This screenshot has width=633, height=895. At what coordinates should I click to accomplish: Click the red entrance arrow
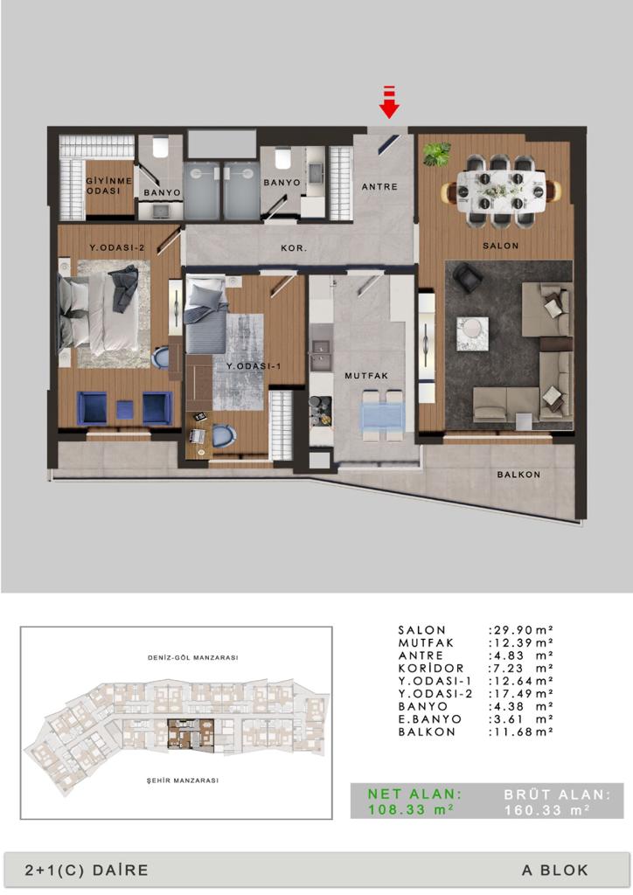pos(389,102)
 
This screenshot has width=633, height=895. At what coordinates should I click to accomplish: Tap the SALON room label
pos(501,246)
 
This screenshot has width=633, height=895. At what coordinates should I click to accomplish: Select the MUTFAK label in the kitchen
pos(366,376)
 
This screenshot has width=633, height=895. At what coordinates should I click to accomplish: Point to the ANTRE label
pos(379,187)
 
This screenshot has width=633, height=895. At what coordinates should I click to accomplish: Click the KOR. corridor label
pos(294,248)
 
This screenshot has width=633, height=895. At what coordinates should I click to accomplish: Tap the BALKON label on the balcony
pos(518,475)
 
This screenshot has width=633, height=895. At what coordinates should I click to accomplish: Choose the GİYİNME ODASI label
pos(109,185)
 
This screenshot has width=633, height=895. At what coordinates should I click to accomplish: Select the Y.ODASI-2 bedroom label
pos(117,247)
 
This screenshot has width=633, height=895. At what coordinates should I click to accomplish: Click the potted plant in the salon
pos(436,154)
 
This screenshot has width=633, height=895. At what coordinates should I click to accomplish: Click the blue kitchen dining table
pos(382,415)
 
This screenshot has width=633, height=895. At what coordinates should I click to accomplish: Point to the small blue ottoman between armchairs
pos(125,409)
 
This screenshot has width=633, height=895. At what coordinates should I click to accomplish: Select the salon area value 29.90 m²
pos(521,630)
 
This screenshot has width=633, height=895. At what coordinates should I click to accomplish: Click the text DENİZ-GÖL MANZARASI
pos(193,657)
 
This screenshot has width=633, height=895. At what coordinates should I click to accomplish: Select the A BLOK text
pos(555,871)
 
